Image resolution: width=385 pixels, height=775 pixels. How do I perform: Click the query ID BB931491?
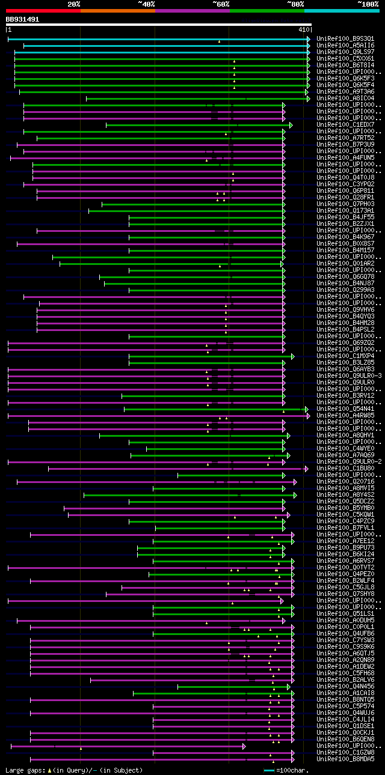coord(22,19)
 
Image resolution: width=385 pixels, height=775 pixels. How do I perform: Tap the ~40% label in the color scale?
coord(146,4)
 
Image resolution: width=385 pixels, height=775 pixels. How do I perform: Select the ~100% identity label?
coord(367,4)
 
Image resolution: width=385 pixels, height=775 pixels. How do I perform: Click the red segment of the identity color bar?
coord(43,10)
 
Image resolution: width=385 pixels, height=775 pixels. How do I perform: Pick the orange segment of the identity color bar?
coord(117,10)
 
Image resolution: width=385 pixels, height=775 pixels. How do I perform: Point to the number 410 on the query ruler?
coord(303,29)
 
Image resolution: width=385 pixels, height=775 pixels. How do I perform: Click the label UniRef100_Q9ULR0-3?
coord(348,375)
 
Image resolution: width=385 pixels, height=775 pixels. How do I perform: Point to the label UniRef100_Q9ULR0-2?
coord(348,461)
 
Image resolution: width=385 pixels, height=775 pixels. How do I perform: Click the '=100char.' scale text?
coord(291,770)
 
